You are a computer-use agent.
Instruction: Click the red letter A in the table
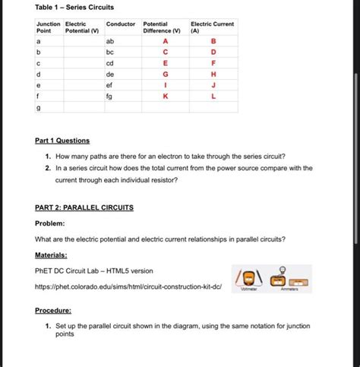coord(165,40)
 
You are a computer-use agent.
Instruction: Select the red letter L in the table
coord(213,97)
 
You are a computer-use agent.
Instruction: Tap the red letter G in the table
coord(165,74)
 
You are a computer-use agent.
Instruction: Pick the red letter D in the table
coord(213,52)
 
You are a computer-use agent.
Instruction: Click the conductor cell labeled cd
coord(110,63)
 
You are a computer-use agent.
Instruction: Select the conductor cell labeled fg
coord(110,97)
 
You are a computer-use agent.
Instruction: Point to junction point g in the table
coord(39,109)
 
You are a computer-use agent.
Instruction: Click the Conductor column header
coord(121,24)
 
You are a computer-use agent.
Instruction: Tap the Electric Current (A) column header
coord(212,27)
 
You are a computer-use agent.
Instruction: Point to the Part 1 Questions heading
coord(62,141)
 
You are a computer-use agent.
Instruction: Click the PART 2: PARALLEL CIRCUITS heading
coord(84,207)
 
